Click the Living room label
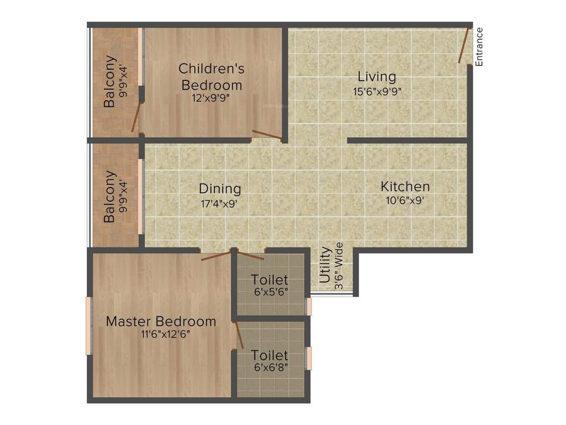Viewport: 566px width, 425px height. point(376,76)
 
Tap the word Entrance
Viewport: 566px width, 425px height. point(479,47)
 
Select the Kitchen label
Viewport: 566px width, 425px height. point(405,186)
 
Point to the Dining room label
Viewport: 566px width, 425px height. point(220,189)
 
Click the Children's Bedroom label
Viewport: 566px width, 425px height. point(212,77)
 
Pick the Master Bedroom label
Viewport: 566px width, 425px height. point(161,321)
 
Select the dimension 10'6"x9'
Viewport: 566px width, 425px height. point(405,201)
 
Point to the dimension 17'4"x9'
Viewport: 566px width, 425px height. point(220,203)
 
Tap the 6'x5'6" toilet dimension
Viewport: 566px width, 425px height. point(269,292)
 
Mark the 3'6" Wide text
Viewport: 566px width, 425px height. point(338,266)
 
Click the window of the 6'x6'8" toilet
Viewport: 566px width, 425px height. point(310,358)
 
